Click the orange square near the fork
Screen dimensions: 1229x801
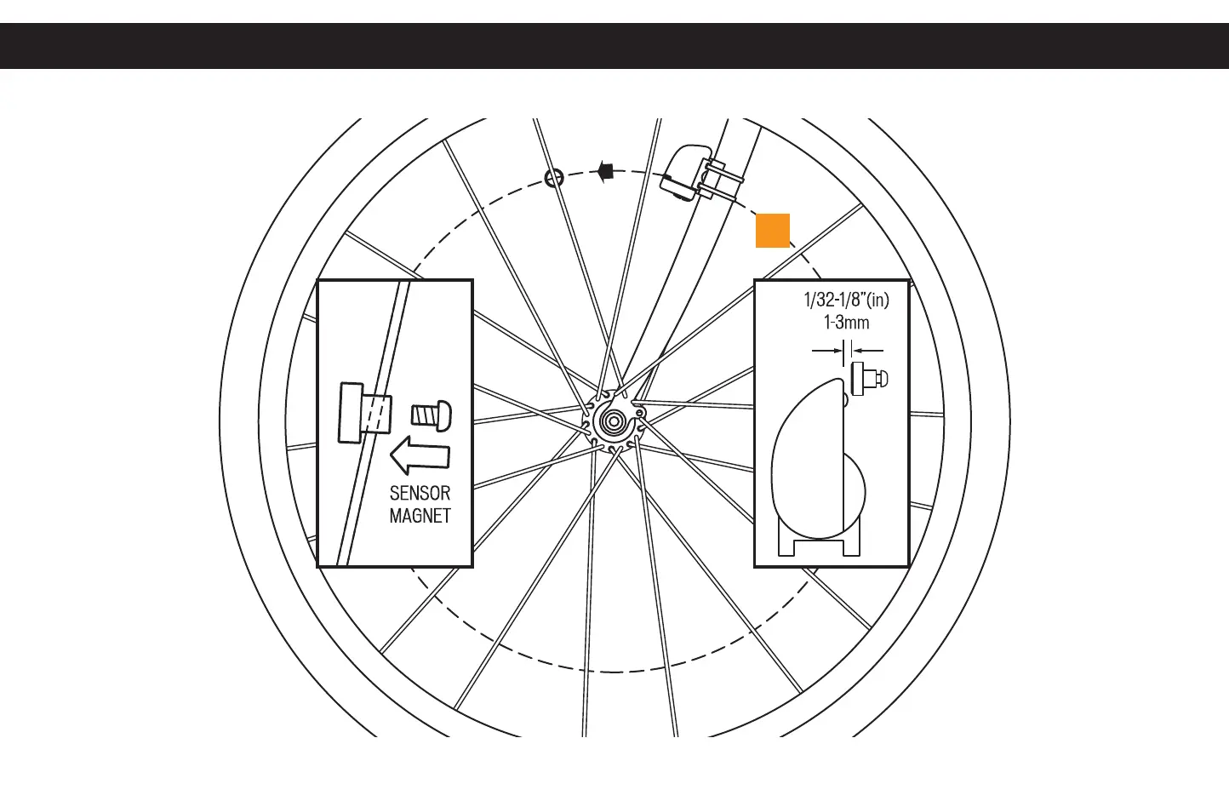click(773, 231)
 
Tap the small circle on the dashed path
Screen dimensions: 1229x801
click(554, 178)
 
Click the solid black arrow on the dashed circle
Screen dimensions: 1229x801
click(605, 170)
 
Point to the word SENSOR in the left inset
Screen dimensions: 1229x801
click(420, 493)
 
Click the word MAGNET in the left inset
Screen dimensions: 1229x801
click(420, 515)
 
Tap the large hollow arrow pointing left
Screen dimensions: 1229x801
click(420, 455)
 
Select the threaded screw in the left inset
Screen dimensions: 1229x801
click(425, 415)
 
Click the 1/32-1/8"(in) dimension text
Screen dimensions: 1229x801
click(846, 300)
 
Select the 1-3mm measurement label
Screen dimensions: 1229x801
click(846, 323)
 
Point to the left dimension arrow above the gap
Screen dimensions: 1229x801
click(825, 350)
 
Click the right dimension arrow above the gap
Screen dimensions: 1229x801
click(868, 350)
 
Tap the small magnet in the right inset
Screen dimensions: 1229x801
click(868, 378)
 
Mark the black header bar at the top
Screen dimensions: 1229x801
click(614, 46)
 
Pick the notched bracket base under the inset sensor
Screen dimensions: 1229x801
click(820, 541)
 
